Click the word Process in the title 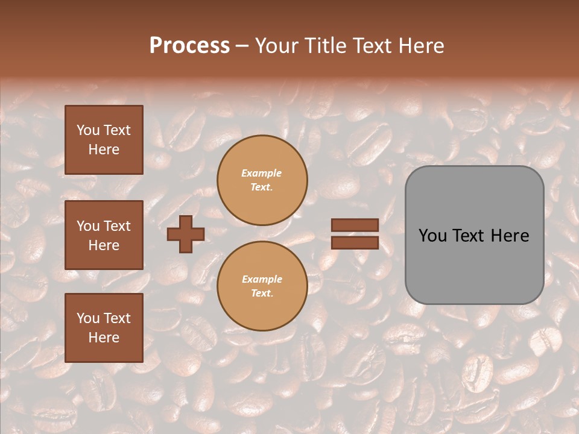[189, 46]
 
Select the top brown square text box [104, 140]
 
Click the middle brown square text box [104, 235]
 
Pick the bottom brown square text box [104, 328]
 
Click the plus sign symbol [186, 234]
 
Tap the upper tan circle [262, 180]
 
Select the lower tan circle [262, 286]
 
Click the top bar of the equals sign [355, 225]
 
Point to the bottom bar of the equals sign [355, 242]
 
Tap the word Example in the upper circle [262, 173]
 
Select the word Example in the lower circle [262, 279]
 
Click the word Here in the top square [104, 149]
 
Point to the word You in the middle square [88, 226]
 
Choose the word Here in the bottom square [104, 338]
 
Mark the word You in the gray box [433, 236]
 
